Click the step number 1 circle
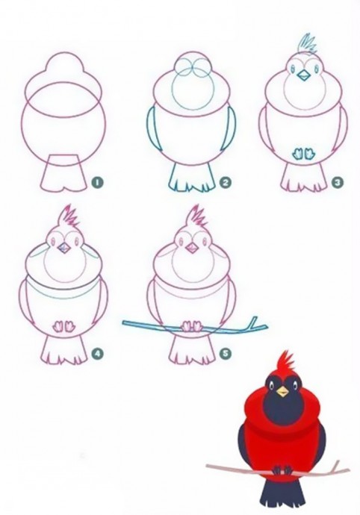pyautogui.click(x=98, y=182)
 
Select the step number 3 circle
pyautogui.click(x=338, y=182)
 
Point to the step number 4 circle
pyautogui.click(x=98, y=353)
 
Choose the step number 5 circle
pyautogui.click(x=226, y=353)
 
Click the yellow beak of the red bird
pyautogui.click(x=282, y=392)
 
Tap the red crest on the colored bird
pyautogui.click(x=287, y=363)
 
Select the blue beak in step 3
pyautogui.click(x=303, y=76)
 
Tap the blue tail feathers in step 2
pyautogui.click(x=190, y=178)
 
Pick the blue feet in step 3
pyautogui.click(x=302, y=154)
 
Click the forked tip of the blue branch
pyautogui.click(x=258, y=322)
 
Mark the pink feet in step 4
pyautogui.click(x=63, y=326)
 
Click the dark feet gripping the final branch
pyautogui.click(x=283, y=470)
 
